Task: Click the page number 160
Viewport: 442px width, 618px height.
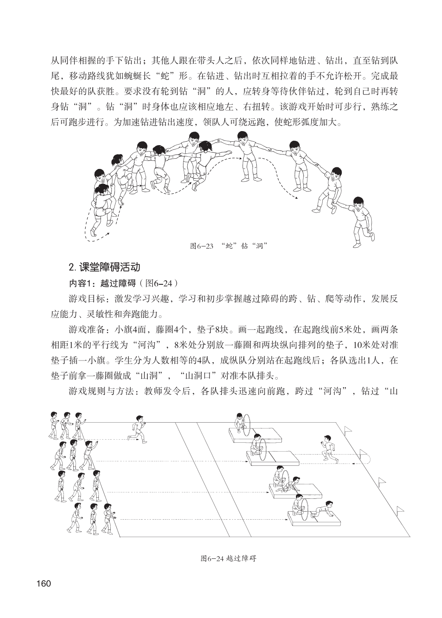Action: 44,583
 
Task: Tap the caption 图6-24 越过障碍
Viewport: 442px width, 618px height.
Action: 228,558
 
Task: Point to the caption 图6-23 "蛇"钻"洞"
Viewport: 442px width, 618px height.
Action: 230,246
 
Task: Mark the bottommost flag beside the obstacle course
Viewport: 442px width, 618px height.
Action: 400,509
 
